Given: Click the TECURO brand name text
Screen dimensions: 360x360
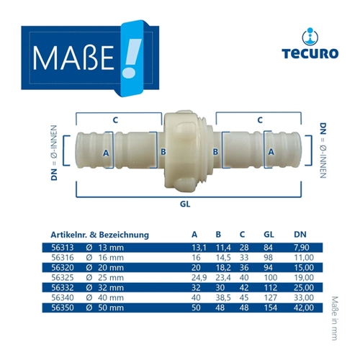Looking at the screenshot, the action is coord(310,53).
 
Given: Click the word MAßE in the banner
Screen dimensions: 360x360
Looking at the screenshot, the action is coord(73,58).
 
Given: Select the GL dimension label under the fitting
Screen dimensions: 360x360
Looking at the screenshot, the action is coord(185,204).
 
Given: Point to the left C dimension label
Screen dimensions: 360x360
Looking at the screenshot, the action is coord(115,120).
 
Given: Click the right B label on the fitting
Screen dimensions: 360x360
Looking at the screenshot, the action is coord(215,152).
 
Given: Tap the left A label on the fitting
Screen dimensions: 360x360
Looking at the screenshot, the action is coord(106,153).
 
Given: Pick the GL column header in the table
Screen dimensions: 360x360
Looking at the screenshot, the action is coord(269,235).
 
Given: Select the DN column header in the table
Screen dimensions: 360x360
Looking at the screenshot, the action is coord(300,235).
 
